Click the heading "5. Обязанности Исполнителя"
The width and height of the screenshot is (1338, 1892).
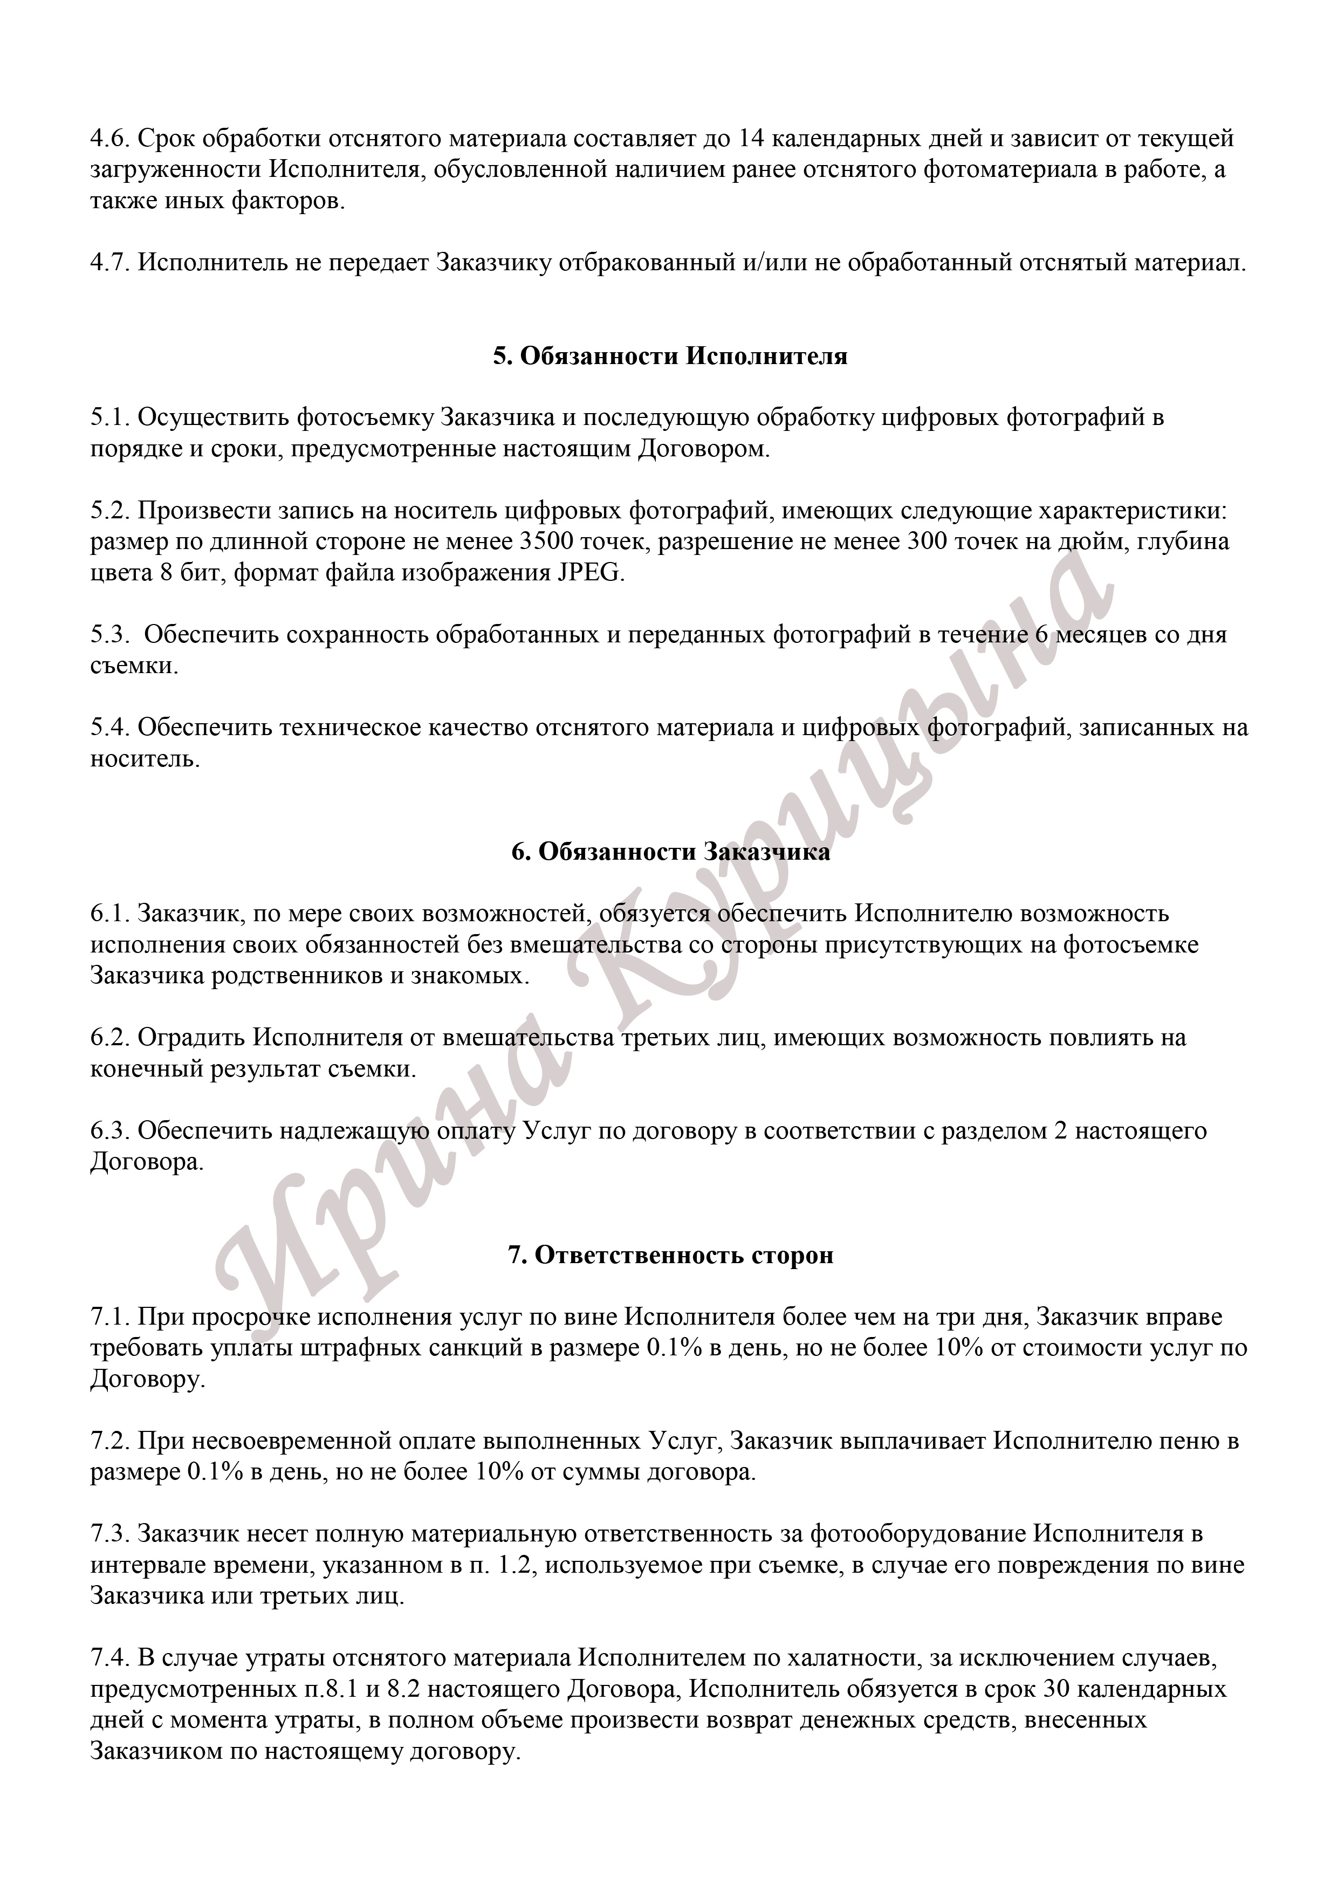pyautogui.click(x=670, y=357)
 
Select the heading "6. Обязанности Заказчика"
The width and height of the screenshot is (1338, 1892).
pyautogui.click(x=670, y=852)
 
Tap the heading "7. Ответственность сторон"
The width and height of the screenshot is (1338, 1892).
pyautogui.click(x=670, y=1255)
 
